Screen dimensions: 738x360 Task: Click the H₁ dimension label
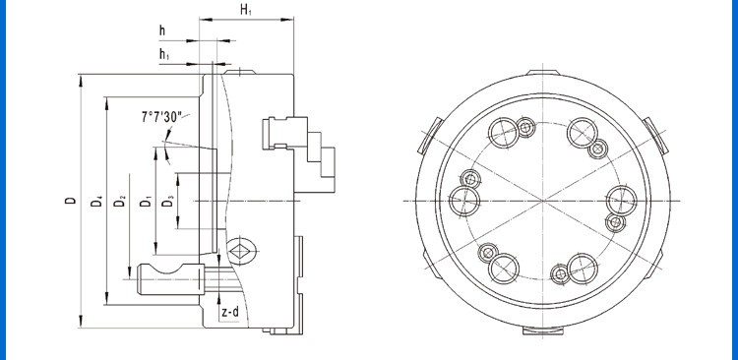(246, 10)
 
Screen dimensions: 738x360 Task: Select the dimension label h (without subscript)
(162, 31)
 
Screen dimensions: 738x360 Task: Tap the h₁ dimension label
(164, 54)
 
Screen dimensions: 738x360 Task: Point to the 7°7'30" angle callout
(161, 117)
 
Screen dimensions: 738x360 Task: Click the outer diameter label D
(71, 201)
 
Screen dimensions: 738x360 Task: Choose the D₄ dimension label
(97, 201)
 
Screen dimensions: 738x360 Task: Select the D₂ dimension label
(120, 201)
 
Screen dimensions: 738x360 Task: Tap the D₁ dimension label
(147, 201)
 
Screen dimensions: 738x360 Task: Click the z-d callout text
(230, 312)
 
